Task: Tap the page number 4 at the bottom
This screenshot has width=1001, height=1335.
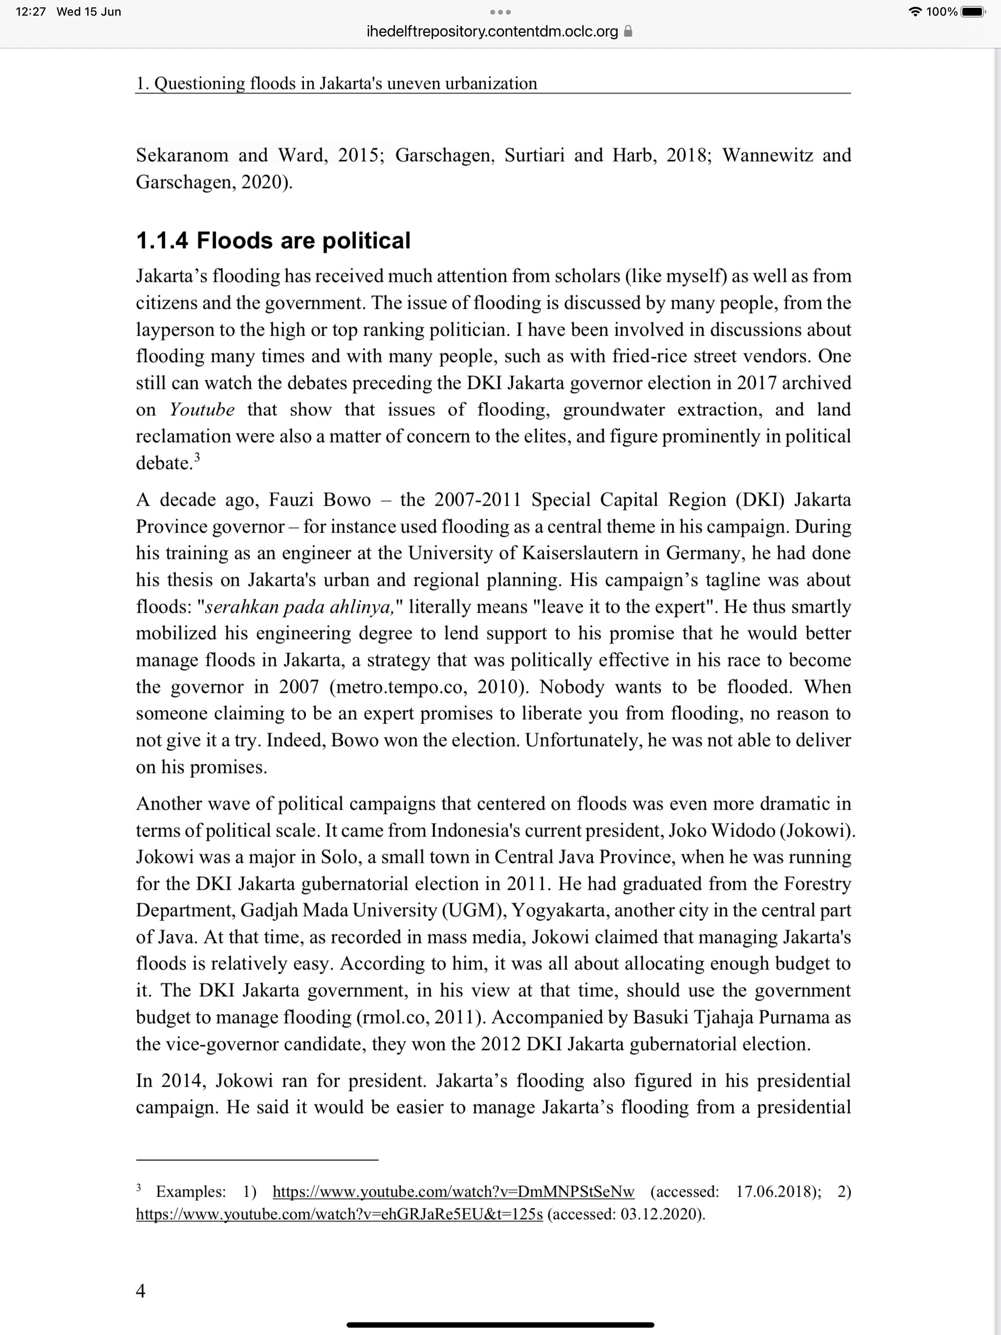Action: (x=141, y=1291)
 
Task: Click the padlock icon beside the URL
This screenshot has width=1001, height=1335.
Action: (x=628, y=31)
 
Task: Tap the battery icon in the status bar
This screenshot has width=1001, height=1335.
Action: (x=973, y=11)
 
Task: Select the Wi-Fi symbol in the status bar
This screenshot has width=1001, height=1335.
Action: (x=915, y=11)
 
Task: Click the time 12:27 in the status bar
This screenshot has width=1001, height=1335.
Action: (x=31, y=11)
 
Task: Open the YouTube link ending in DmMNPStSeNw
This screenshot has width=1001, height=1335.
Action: (x=454, y=1191)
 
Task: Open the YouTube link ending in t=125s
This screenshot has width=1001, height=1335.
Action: (x=339, y=1214)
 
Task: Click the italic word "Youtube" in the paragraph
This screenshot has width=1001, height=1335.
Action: (x=202, y=410)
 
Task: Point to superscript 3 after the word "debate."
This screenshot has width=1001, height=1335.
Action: (x=197, y=457)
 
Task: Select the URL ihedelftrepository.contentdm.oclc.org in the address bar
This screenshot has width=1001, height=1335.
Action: (x=492, y=31)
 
